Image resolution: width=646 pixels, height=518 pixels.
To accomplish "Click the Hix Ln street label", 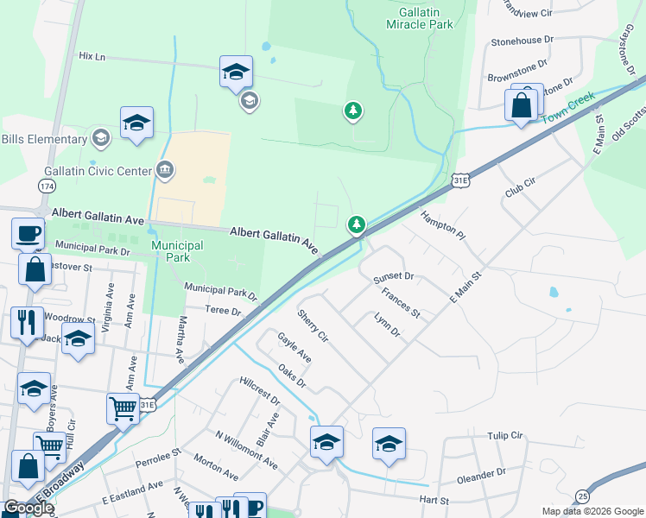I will click(x=91, y=56).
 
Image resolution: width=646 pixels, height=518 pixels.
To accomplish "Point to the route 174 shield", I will click(x=47, y=186).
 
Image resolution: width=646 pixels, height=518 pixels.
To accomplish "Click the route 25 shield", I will click(x=583, y=496).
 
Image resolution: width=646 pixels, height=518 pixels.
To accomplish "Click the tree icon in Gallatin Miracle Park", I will click(x=352, y=111).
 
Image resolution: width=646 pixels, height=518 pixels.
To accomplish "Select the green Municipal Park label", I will click(x=177, y=251).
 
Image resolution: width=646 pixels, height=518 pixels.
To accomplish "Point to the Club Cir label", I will click(x=521, y=189).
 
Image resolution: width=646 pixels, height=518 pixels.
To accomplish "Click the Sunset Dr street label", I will click(x=394, y=277).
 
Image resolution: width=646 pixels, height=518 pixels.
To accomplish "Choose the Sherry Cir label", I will click(x=313, y=323).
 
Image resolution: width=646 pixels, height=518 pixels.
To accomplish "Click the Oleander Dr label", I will click(x=483, y=474).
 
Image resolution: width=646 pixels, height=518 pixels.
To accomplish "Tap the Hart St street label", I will click(x=434, y=500).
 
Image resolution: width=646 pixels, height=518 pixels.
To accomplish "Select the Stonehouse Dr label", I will click(x=522, y=41).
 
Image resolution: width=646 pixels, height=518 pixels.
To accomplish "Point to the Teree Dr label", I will click(x=223, y=310).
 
